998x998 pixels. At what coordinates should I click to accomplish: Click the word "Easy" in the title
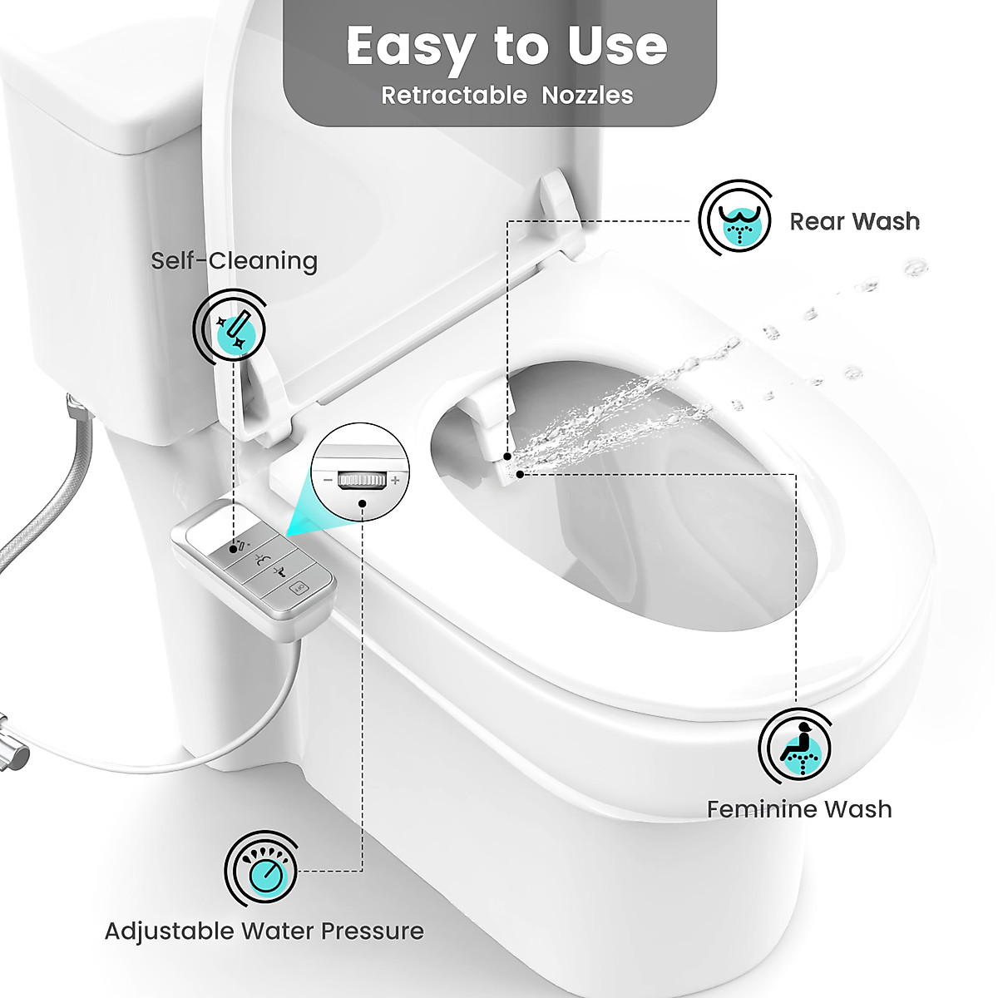tap(408, 47)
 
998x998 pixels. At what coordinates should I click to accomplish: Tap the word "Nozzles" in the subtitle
tap(587, 96)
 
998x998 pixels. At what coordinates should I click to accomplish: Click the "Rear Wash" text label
tap(854, 221)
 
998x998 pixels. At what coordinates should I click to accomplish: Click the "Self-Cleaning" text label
tap(234, 261)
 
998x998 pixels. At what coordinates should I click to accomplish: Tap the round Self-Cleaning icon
tap(230, 326)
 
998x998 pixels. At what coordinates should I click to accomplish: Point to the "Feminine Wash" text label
tap(798, 809)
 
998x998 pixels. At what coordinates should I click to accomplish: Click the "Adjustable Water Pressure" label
tap(264, 931)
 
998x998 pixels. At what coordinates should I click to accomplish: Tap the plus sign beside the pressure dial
tap(395, 481)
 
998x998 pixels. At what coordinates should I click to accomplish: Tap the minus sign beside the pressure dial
tap(328, 481)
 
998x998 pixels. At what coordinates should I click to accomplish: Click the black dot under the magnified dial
tap(363, 503)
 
